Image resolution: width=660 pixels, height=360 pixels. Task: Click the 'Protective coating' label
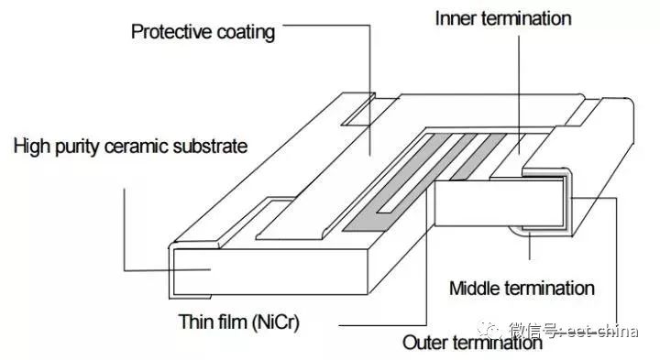[x=203, y=33]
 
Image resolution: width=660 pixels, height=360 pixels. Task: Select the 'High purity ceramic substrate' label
[x=130, y=146]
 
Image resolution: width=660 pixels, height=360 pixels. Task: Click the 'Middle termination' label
[x=522, y=289]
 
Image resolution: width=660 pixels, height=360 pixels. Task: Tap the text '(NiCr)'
[x=279, y=322]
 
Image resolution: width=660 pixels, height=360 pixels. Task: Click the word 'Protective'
[x=170, y=33]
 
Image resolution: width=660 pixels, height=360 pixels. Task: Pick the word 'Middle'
[x=474, y=289]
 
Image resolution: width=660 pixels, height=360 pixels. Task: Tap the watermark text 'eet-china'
[x=604, y=331]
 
